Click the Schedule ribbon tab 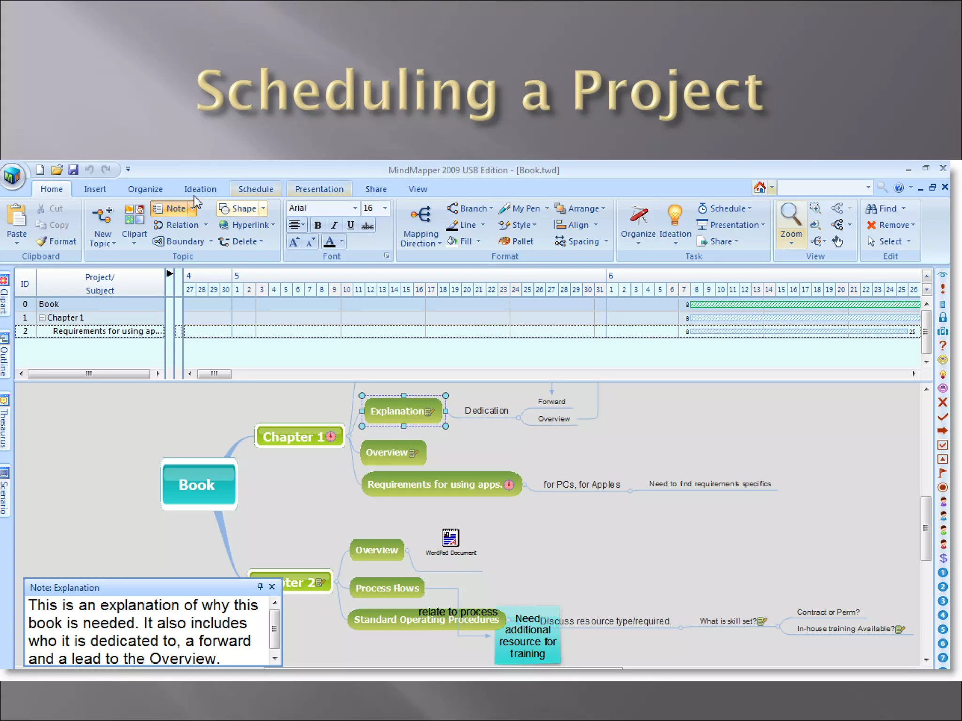tap(256, 189)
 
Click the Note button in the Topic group tap(171, 208)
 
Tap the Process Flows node tap(387, 588)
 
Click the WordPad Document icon tap(450, 538)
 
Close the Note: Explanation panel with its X tap(272, 587)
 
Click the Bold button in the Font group tap(318, 225)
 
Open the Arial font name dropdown tap(355, 208)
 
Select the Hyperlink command tap(246, 225)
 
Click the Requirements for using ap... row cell tap(107, 331)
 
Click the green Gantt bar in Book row tap(804, 305)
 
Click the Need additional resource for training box tap(527, 636)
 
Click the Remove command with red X tap(890, 225)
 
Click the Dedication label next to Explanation tap(486, 411)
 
